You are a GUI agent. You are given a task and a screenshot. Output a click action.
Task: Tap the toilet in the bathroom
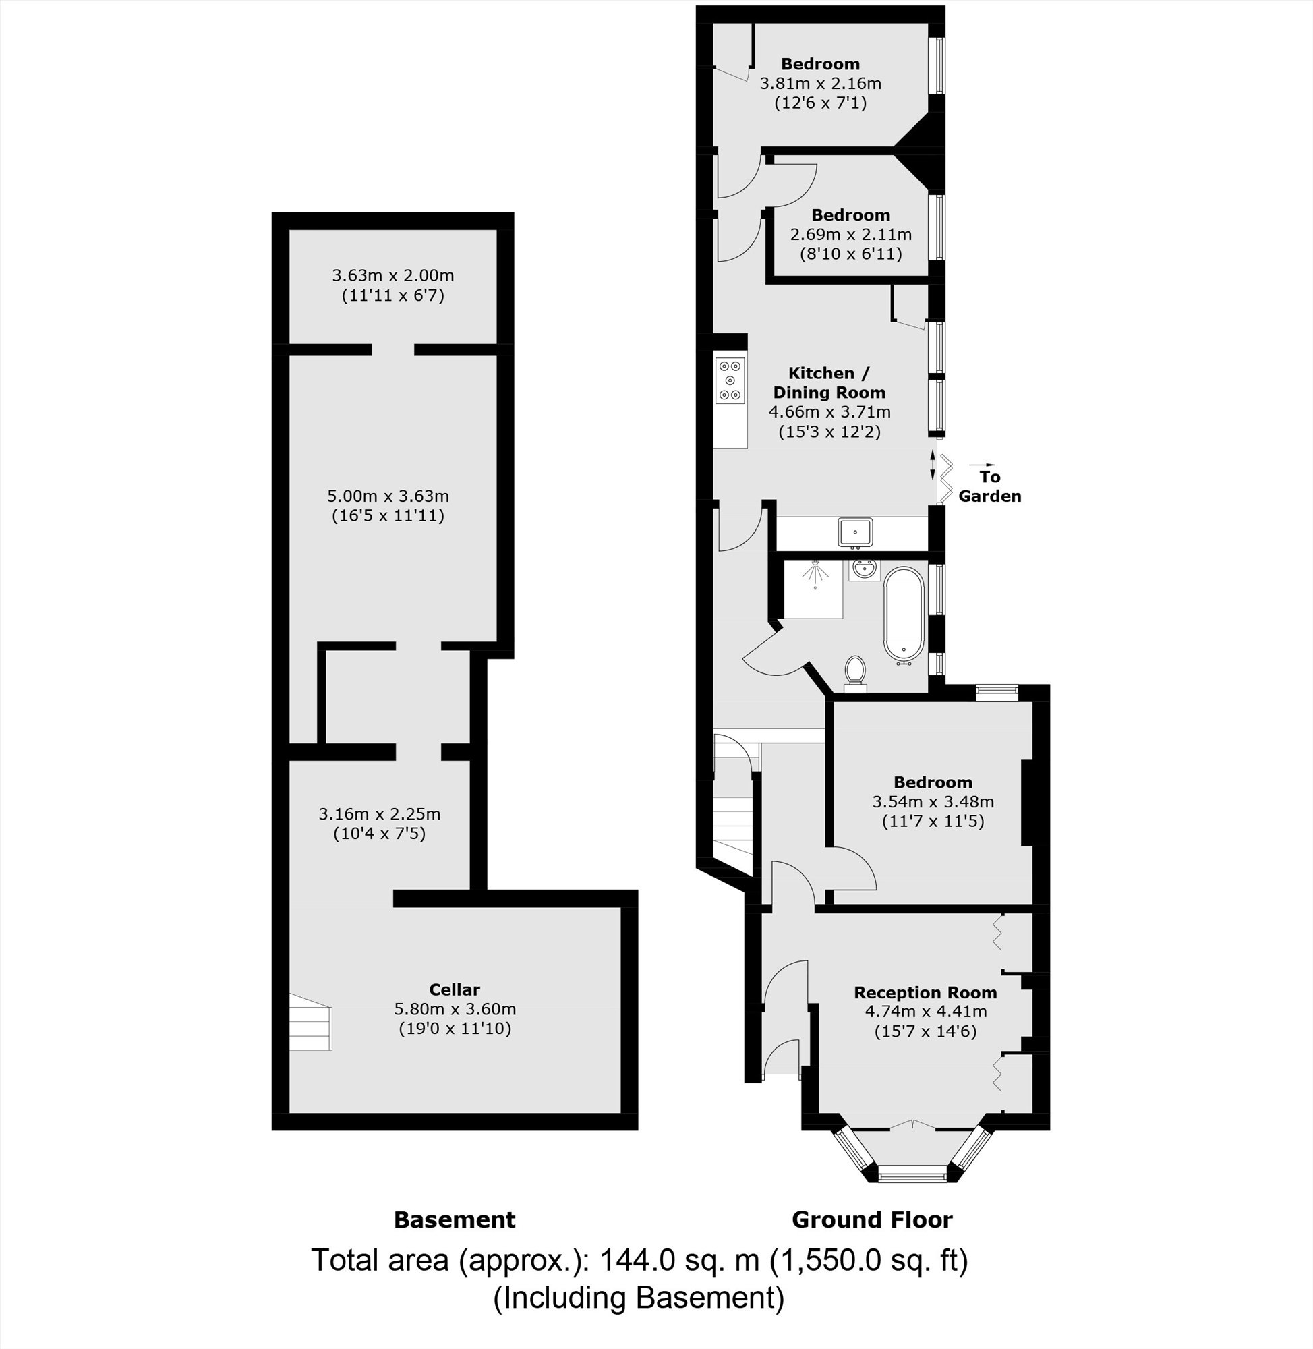pyautogui.click(x=855, y=672)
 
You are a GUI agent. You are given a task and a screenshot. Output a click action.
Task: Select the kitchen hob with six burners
pyautogui.click(x=730, y=380)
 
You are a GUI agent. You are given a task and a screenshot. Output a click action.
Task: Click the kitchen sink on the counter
pyautogui.click(x=855, y=532)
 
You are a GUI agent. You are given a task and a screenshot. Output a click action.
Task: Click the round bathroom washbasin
pyautogui.click(x=864, y=570)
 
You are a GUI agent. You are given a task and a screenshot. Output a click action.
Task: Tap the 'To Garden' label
pyautogui.click(x=989, y=486)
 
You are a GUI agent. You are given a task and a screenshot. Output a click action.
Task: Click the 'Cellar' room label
pyautogui.click(x=455, y=989)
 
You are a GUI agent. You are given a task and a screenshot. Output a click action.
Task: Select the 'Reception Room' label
pyautogui.click(x=925, y=992)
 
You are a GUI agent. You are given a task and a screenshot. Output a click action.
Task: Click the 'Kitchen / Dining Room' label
pyautogui.click(x=829, y=382)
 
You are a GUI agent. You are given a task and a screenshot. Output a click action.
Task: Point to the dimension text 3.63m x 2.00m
pyautogui.click(x=393, y=276)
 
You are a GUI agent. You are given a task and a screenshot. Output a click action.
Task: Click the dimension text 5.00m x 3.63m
pyautogui.click(x=388, y=496)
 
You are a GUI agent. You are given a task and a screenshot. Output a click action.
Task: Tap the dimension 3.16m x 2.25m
pyautogui.click(x=379, y=814)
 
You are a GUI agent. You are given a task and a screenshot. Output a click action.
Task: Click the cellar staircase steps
pyautogui.click(x=310, y=1021)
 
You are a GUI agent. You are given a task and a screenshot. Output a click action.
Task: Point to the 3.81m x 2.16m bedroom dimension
pyautogui.click(x=821, y=84)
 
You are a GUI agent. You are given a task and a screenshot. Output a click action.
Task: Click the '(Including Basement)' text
pyautogui.click(x=639, y=1298)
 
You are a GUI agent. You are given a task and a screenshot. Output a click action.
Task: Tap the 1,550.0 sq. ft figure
pyautogui.click(x=869, y=1261)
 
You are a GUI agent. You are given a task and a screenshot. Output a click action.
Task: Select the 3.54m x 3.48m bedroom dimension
pyautogui.click(x=933, y=801)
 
